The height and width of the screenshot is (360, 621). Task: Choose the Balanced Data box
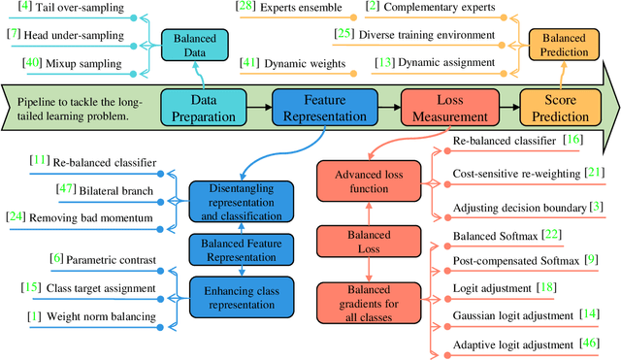point(195,44)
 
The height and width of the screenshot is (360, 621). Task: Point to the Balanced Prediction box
point(564,44)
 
